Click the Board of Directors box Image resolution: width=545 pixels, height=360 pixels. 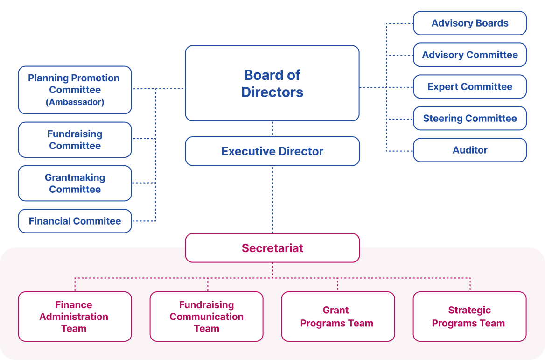coord(272,84)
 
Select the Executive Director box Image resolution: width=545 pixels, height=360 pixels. coord(272,151)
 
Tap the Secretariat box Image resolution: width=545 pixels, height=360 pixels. coord(272,248)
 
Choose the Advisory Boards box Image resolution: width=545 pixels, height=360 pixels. coord(470,23)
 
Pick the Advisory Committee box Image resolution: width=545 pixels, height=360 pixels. coord(470,55)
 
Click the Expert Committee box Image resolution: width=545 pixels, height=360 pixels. coord(470,86)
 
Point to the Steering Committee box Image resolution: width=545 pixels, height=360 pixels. coord(470,118)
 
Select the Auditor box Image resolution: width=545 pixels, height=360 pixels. coord(470,150)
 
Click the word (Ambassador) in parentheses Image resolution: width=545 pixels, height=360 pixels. coord(75,102)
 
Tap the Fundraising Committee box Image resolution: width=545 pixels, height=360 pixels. coord(75,140)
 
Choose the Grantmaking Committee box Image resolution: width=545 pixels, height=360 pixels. coord(75,184)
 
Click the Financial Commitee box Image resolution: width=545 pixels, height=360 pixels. coord(75,221)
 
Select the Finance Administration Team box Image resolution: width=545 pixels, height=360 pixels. coord(75,317)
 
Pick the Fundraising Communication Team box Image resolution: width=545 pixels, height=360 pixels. coord(206,317)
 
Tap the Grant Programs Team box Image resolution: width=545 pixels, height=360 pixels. coord(338,317)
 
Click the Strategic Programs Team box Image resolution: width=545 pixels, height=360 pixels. coord(469,317)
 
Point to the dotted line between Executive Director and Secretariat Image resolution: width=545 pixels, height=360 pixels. coord(272,200)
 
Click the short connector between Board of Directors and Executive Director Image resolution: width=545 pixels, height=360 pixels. coord(272,129)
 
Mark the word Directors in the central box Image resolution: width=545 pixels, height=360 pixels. coord(272,92)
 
